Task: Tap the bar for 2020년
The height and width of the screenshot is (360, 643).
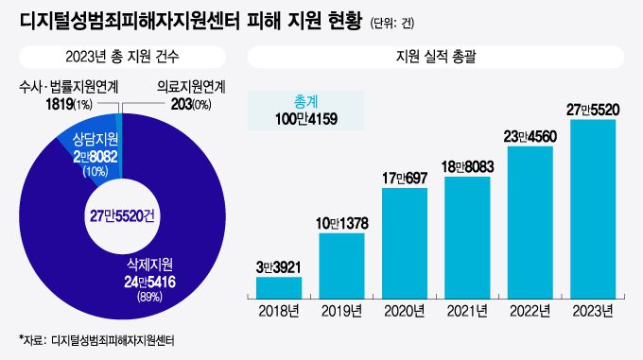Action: click(x=405, y=242)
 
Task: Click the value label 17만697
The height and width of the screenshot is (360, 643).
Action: click(x=405, y=176)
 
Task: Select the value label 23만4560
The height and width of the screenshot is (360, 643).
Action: click(x=530, y=134)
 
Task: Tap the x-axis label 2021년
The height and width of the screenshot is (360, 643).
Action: click(x=467, y=311)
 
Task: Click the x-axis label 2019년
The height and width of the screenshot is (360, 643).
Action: click(x=341, y=311)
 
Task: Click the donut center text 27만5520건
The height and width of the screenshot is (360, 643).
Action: click(x=122, y=214)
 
